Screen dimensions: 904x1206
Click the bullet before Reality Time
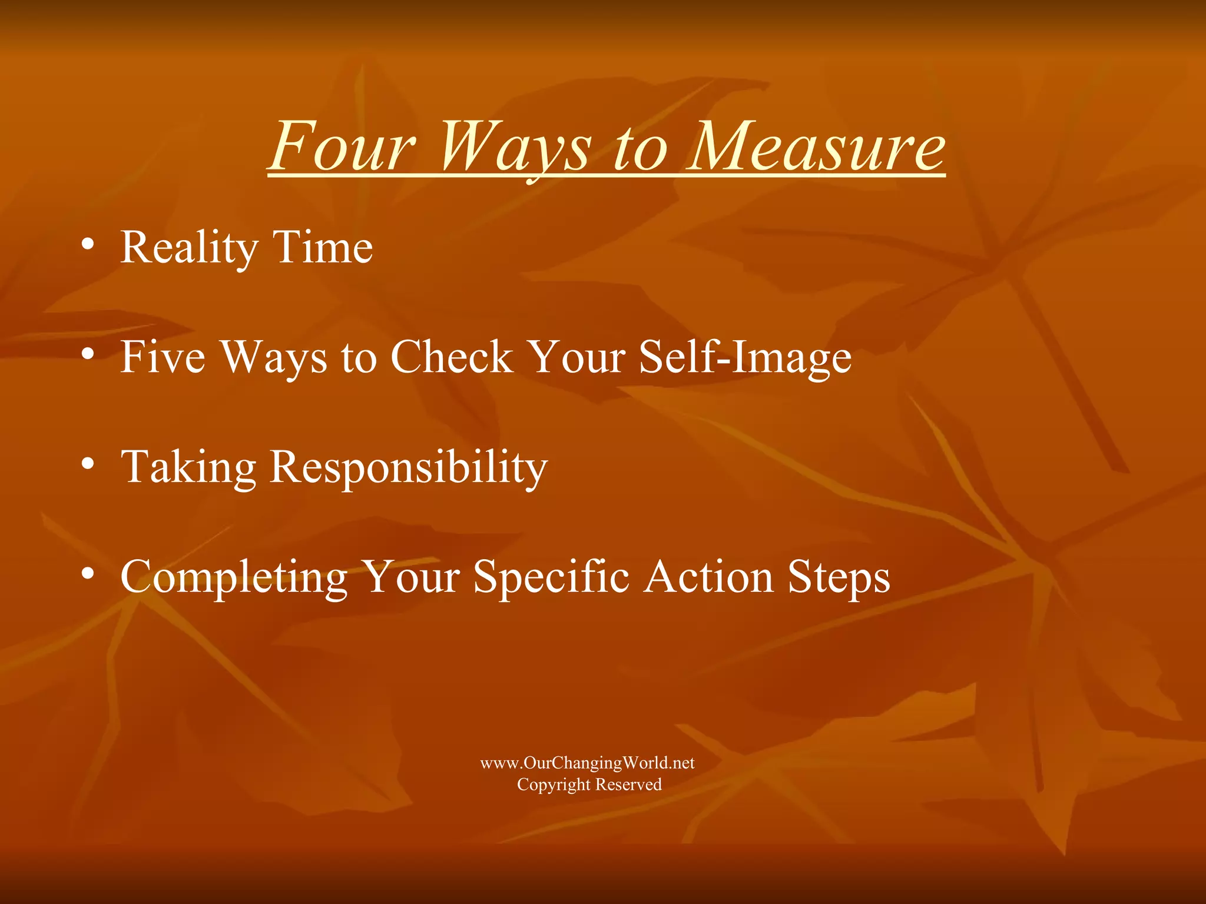tap(88, 244)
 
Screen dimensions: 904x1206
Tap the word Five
tap(163, 357)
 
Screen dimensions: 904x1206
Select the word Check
tap(451, 357)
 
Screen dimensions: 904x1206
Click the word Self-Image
tap(745, 358)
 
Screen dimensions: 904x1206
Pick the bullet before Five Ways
tap(88, 354)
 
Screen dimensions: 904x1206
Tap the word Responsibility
tap(409, 467)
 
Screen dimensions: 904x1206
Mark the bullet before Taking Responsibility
tap(88, 464)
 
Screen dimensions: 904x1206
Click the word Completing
tap(234, 577)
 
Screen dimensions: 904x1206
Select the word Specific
tap(551, 577)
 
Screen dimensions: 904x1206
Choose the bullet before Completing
tap(88, 574)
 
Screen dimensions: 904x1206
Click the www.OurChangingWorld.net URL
tap(587, 763)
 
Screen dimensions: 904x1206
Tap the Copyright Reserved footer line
tap(589, 785)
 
